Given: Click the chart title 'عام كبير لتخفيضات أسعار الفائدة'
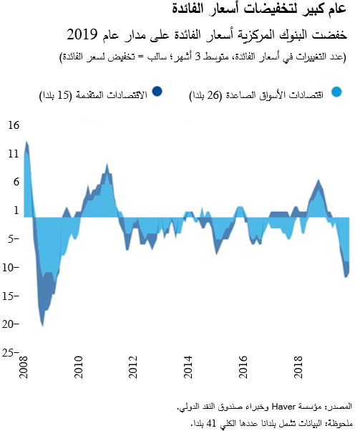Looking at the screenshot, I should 265,10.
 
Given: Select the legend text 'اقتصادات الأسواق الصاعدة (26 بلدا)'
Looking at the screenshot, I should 267,92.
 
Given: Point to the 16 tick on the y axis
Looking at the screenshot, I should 14,125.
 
